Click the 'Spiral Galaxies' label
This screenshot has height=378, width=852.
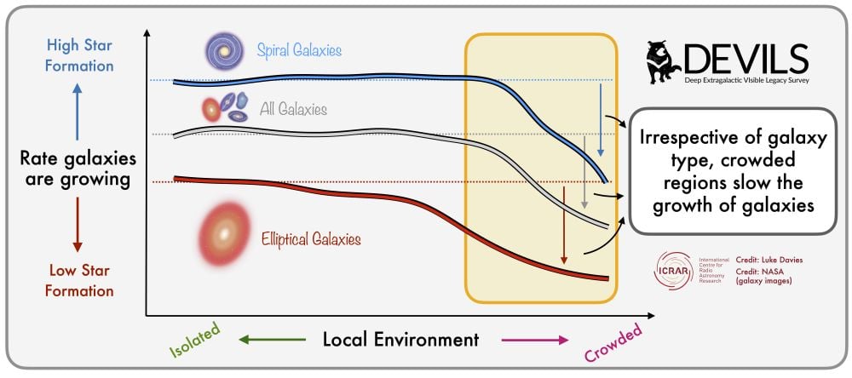[299, 51]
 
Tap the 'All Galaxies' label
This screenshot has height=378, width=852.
[293, 110]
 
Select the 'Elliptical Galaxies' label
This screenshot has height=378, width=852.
[311, 239]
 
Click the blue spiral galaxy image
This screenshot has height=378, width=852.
[224, 51]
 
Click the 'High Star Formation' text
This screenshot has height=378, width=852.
[79, 54]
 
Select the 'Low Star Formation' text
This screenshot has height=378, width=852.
[79, 280]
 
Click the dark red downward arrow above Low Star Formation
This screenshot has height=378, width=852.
[78, 224]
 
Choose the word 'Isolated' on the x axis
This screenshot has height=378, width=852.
[193, 339]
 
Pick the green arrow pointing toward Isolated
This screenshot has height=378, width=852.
[272, 340]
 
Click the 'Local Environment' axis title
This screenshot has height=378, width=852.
[400, 340]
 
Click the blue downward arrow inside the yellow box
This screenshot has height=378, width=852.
[601, 119]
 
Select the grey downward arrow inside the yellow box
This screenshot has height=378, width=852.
[584, 171]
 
